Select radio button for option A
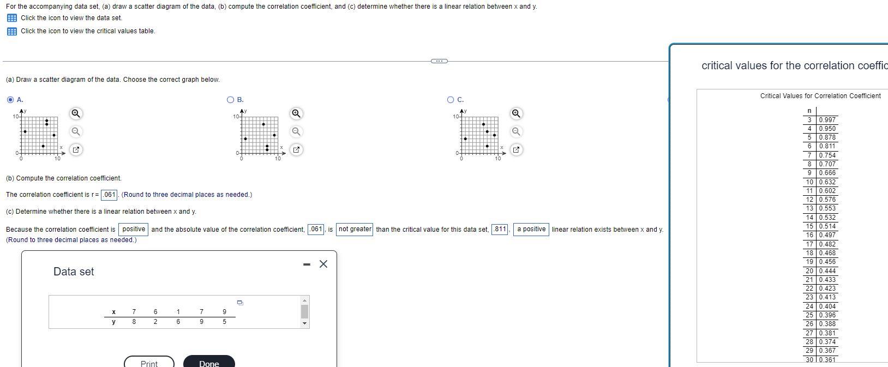(10, 100)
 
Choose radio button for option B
(231, 100)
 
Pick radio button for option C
(451, 100)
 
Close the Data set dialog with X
(323, 264)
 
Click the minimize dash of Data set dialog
(307, 265)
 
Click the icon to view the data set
(11, 18)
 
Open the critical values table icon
(11, 31)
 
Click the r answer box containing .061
(110, 195)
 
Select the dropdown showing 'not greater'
(355, 230)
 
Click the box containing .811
(500, 230)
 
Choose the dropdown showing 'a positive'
(531, 230)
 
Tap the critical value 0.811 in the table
(827, 146)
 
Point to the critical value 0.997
(827, 120)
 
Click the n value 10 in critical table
(809, 182)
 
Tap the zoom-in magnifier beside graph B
(296, 113)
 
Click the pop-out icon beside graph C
(515, 149)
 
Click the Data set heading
(74, 272)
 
